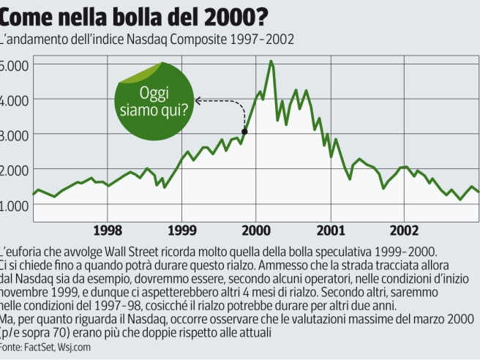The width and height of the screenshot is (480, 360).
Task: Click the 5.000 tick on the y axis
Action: pyautogui.click(x=14, y=66)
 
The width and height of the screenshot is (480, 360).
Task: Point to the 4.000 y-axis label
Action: pyautogui.click(x=14, y=100)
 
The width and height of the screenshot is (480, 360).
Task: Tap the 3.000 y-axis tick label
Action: pyautogui.click(x=14, y=135)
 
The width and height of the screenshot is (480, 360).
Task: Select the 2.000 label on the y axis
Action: pyautogui.click(x=14, y=170)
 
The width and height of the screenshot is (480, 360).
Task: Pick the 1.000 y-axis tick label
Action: pyautogui.click(x=14, y=205)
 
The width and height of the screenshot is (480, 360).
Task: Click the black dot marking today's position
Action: pyautogui.click(x=244, y=132)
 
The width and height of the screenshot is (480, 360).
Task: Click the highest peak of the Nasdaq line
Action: pyautogui.click(x=271, y=61)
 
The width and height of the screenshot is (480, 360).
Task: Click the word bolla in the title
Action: pyautogui.click(x=124, y=15)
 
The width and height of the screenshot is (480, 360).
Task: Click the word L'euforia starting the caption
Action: pyautogui.click(x=22, y=250)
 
